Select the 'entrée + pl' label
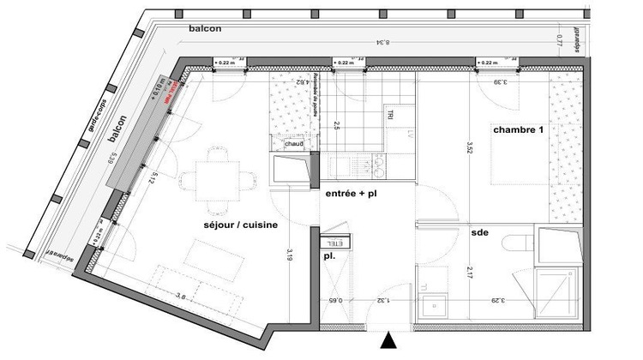click(x=352, y=195)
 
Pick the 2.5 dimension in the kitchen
click(x=336, y=127)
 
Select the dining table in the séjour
click(x=217, y=176)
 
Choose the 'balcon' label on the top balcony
click(x=205, y=28)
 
